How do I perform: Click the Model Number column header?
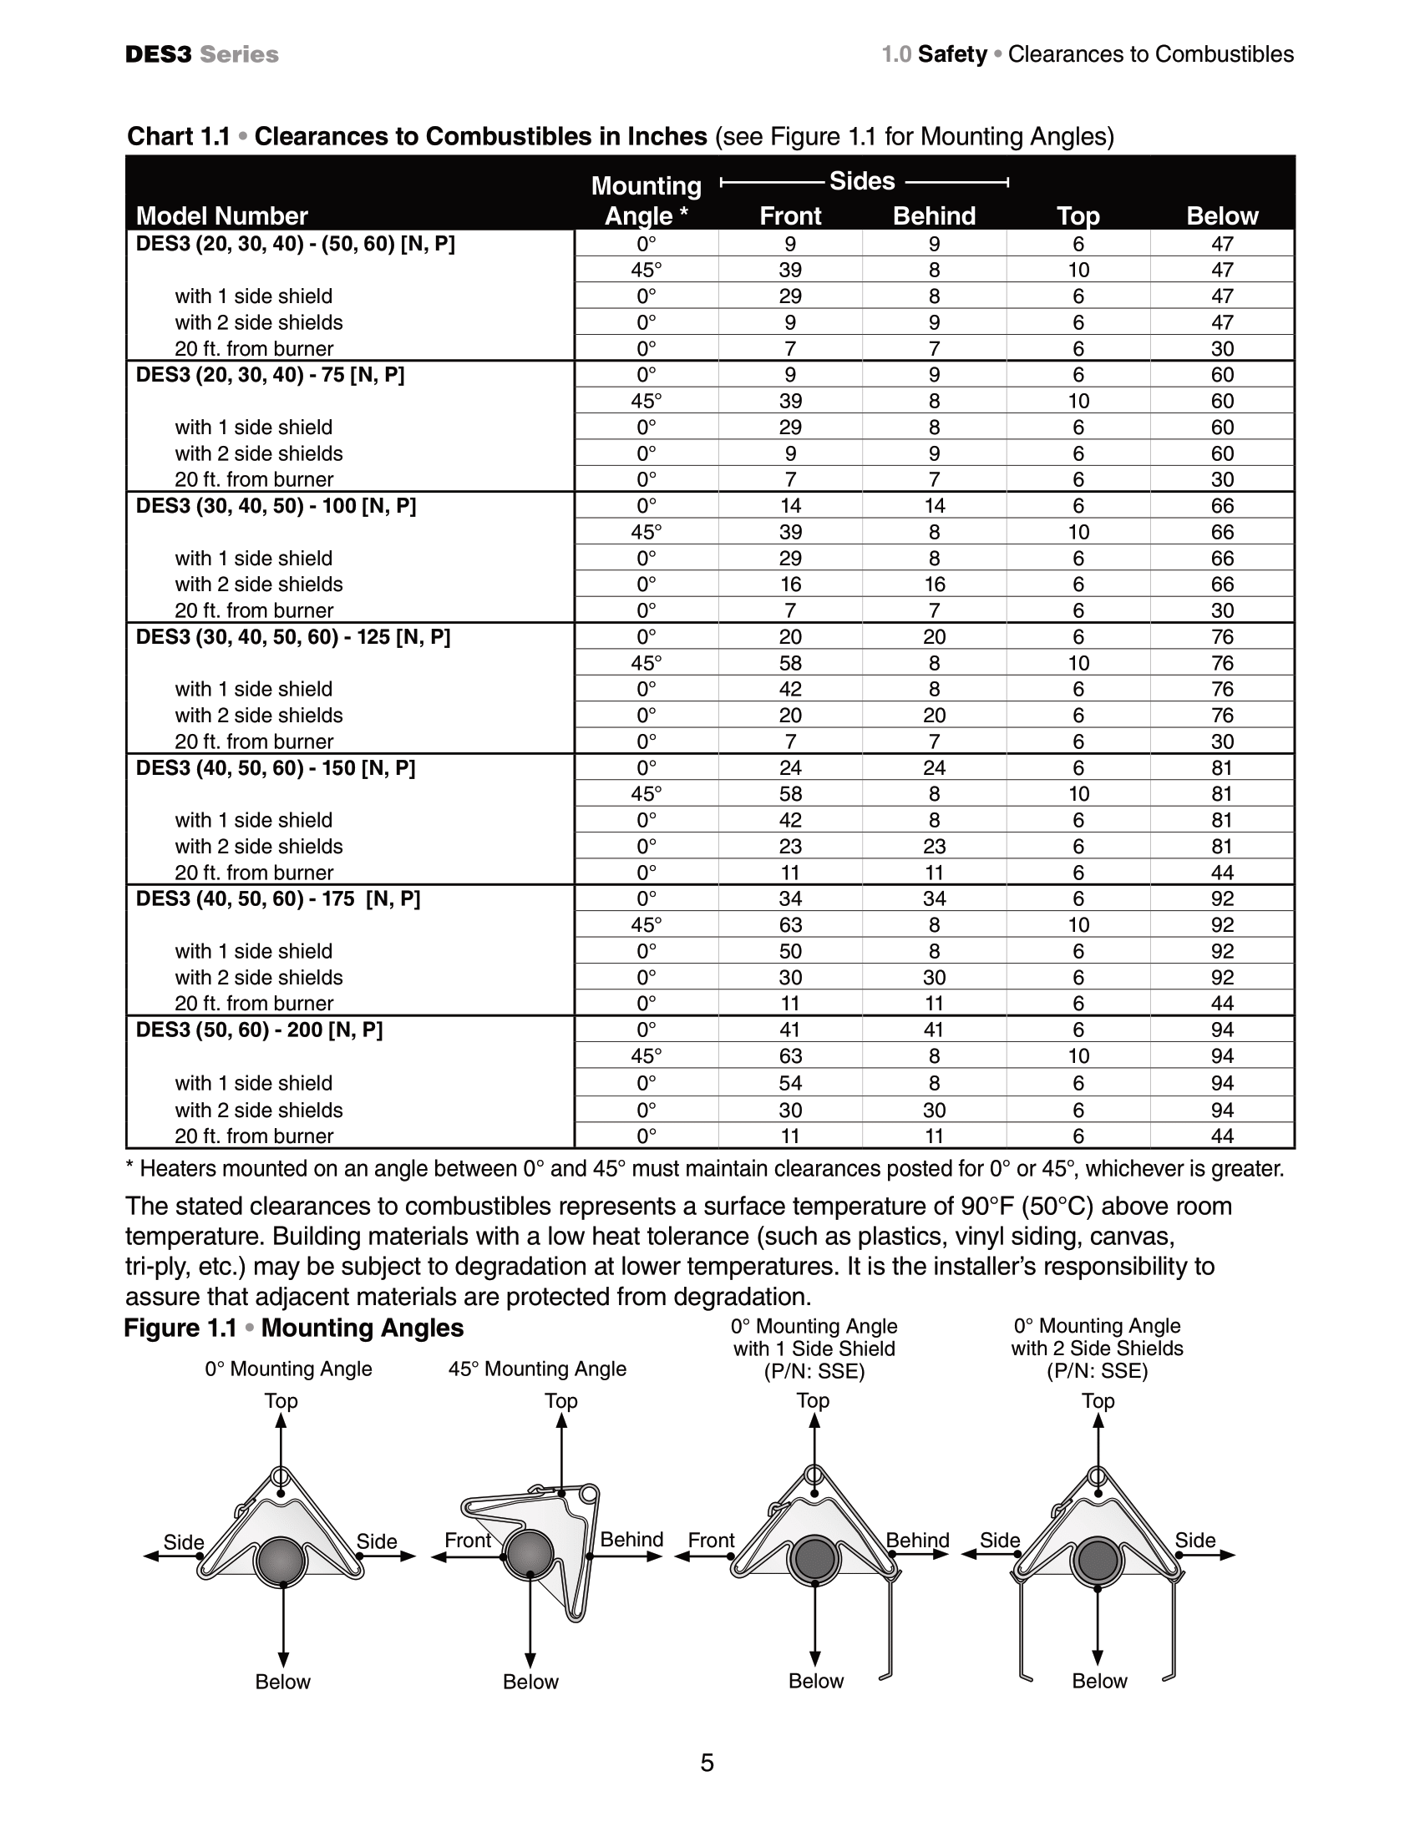pos(222,216)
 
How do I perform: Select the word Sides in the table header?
pos(861,181)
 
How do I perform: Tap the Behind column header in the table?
pos(934,216)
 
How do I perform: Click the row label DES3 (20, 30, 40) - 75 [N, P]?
pos(270,375)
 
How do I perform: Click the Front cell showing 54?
pos(790,1082)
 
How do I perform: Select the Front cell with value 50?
pos(790,951)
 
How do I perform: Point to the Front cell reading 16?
pos(790,584)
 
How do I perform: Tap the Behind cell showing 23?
pos(934,846)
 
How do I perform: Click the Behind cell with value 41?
pos(934,1030)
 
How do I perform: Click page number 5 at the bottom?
pos(707,1762)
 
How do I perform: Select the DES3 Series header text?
pos(202,54)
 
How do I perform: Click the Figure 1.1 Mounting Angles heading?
pos(293,1328)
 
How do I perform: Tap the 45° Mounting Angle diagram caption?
pos(537,1369)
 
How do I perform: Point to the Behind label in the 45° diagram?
pos(631,1539)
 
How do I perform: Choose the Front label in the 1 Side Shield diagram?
pos(711,1540)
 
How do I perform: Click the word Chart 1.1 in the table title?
pos(179,136)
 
